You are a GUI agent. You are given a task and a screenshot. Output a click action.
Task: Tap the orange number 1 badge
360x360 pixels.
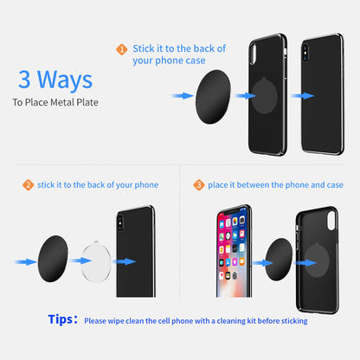(121, 50)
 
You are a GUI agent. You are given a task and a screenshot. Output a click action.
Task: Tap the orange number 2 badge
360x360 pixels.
(28, 185)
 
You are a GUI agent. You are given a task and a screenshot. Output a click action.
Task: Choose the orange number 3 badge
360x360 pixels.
(199, 185)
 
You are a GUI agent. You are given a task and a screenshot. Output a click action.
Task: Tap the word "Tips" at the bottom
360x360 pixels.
(62, 319)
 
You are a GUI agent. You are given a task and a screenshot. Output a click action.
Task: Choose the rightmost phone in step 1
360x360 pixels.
(323, 93)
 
